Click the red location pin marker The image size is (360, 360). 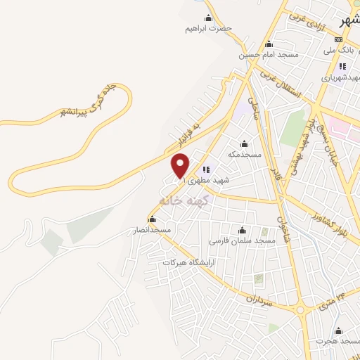(181, 166)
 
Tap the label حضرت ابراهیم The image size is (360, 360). (208, 29)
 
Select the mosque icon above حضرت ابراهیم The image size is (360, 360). (208, 18)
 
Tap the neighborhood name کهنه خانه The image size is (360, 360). (181, 200)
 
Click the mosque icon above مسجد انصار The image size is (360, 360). (152, 219)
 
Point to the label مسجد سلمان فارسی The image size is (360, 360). (243, 240)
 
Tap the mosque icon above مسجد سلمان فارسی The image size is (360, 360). (243, 229)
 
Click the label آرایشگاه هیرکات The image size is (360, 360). (187, 262)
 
